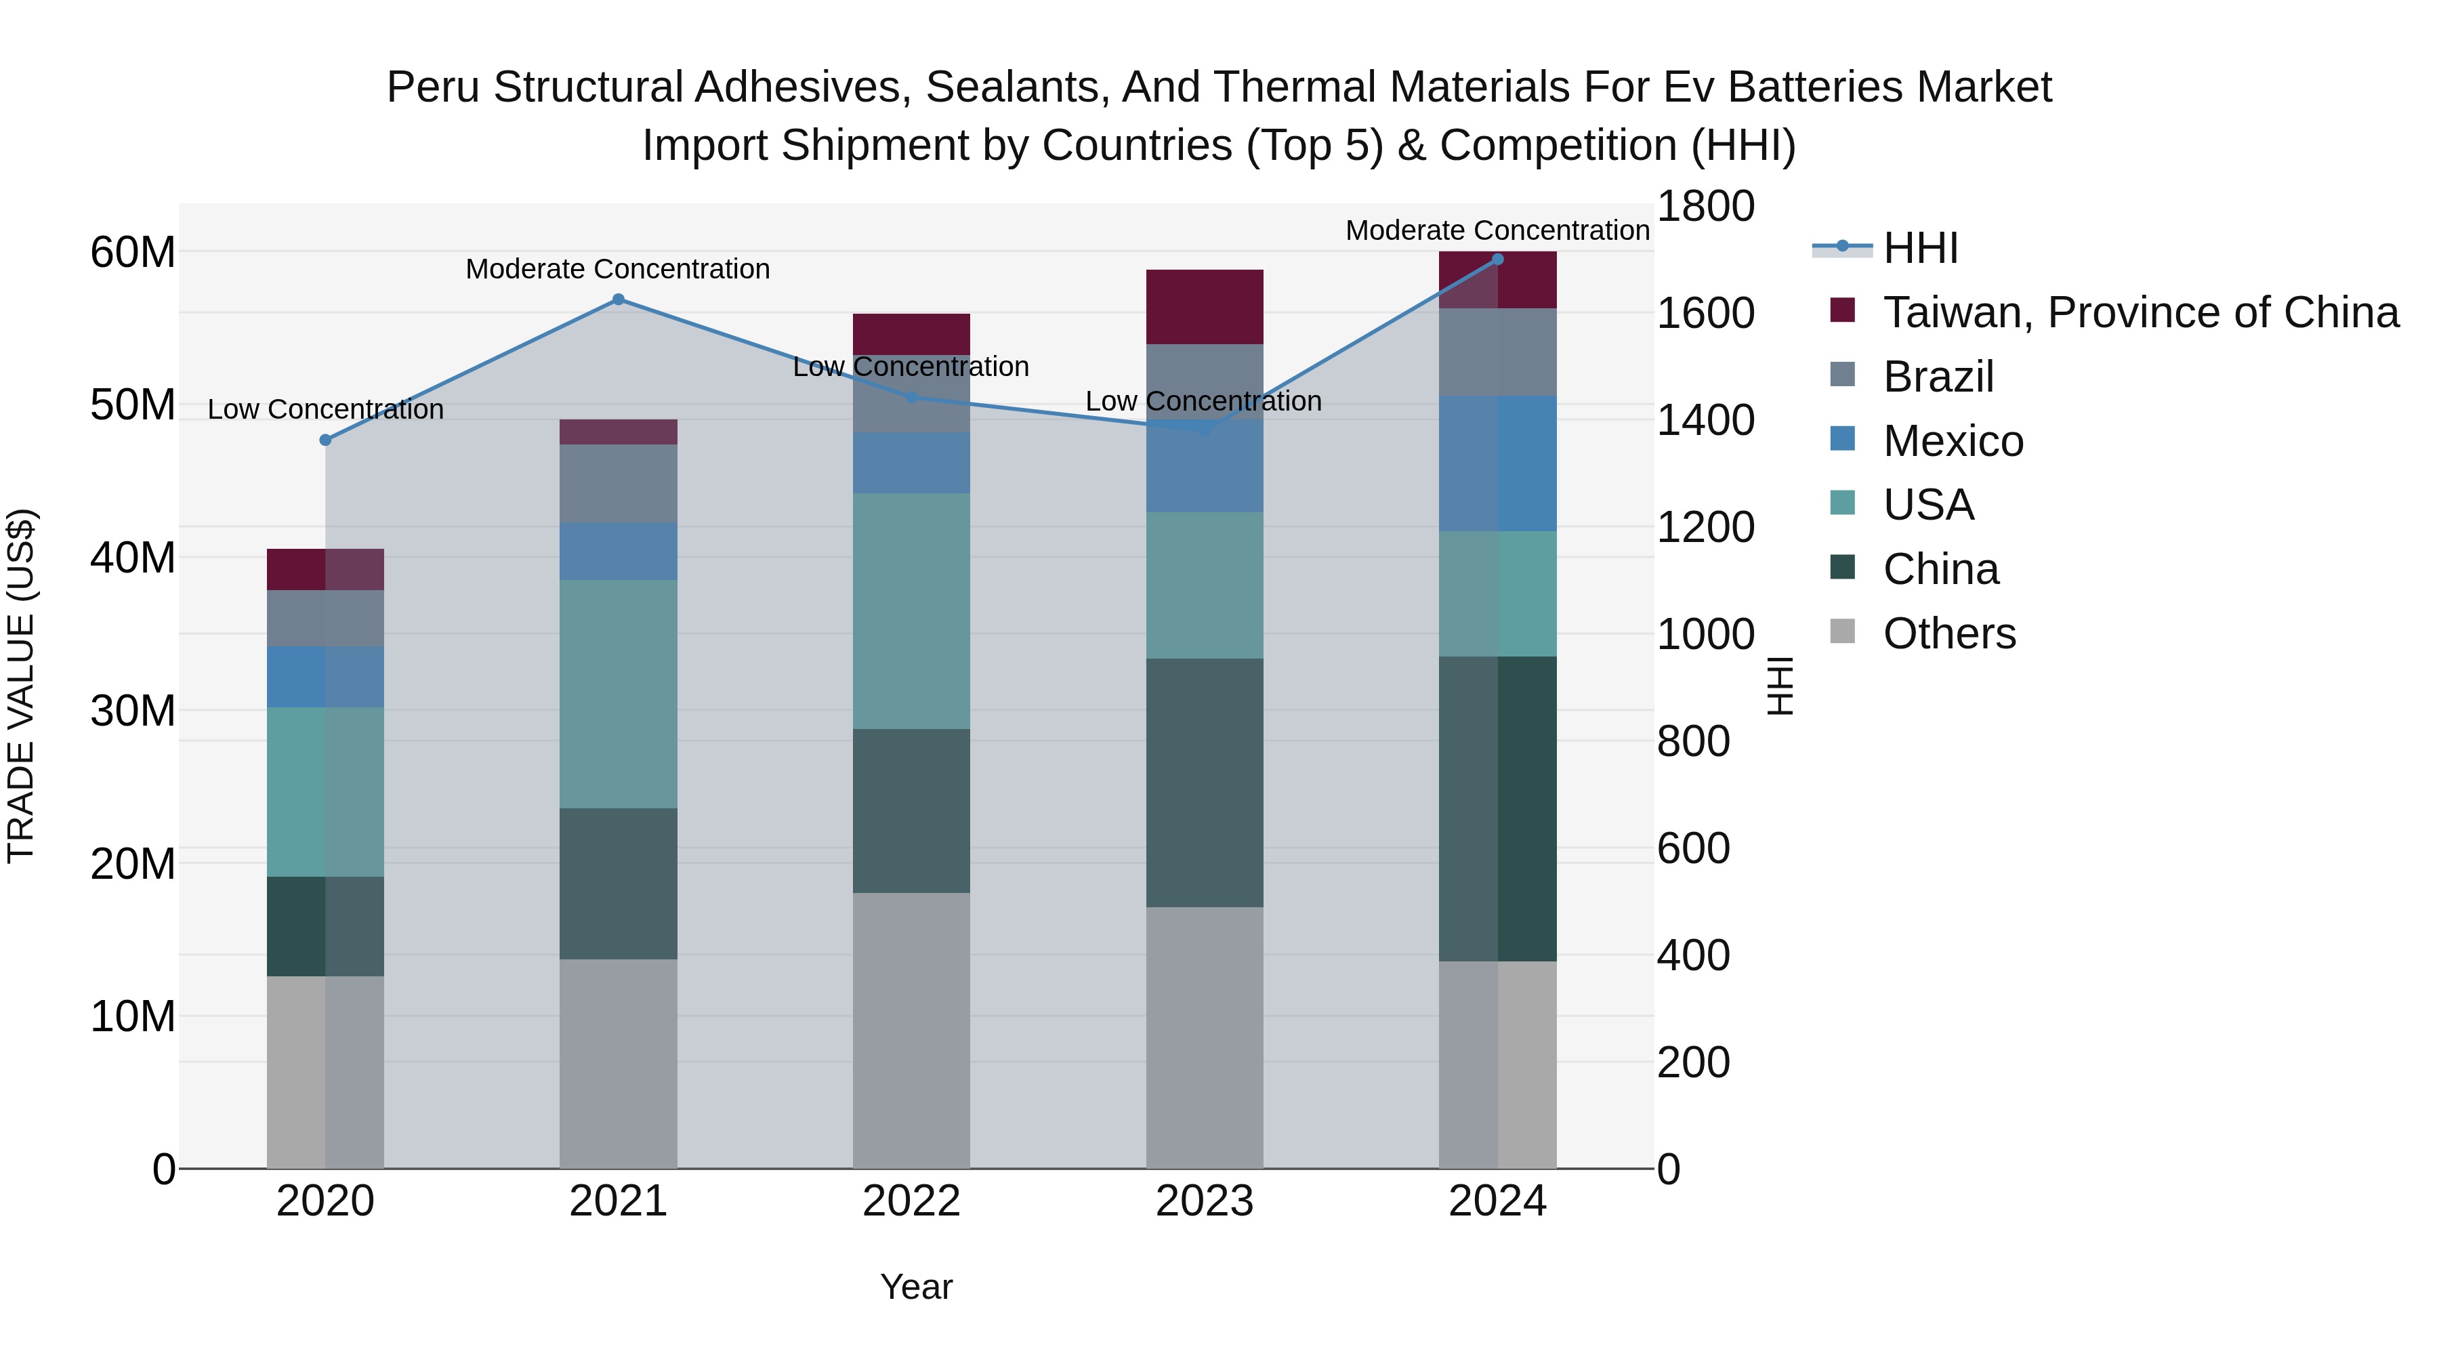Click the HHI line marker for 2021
pos(619,299)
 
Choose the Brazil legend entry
pos(1938,377)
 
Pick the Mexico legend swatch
pos(1843,439)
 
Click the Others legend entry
pos(1949,633)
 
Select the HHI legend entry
pos(1920,248)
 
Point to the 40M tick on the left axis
pos(133,558)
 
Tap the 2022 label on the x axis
pos(911,1201)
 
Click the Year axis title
pos(915,1287)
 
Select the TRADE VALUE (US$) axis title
pos(21,686)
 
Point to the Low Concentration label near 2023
pos(1203,402)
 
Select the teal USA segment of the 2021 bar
pos(619,693)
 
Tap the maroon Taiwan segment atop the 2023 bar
pos(1205,307)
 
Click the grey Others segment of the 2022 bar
pos(911,1030)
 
